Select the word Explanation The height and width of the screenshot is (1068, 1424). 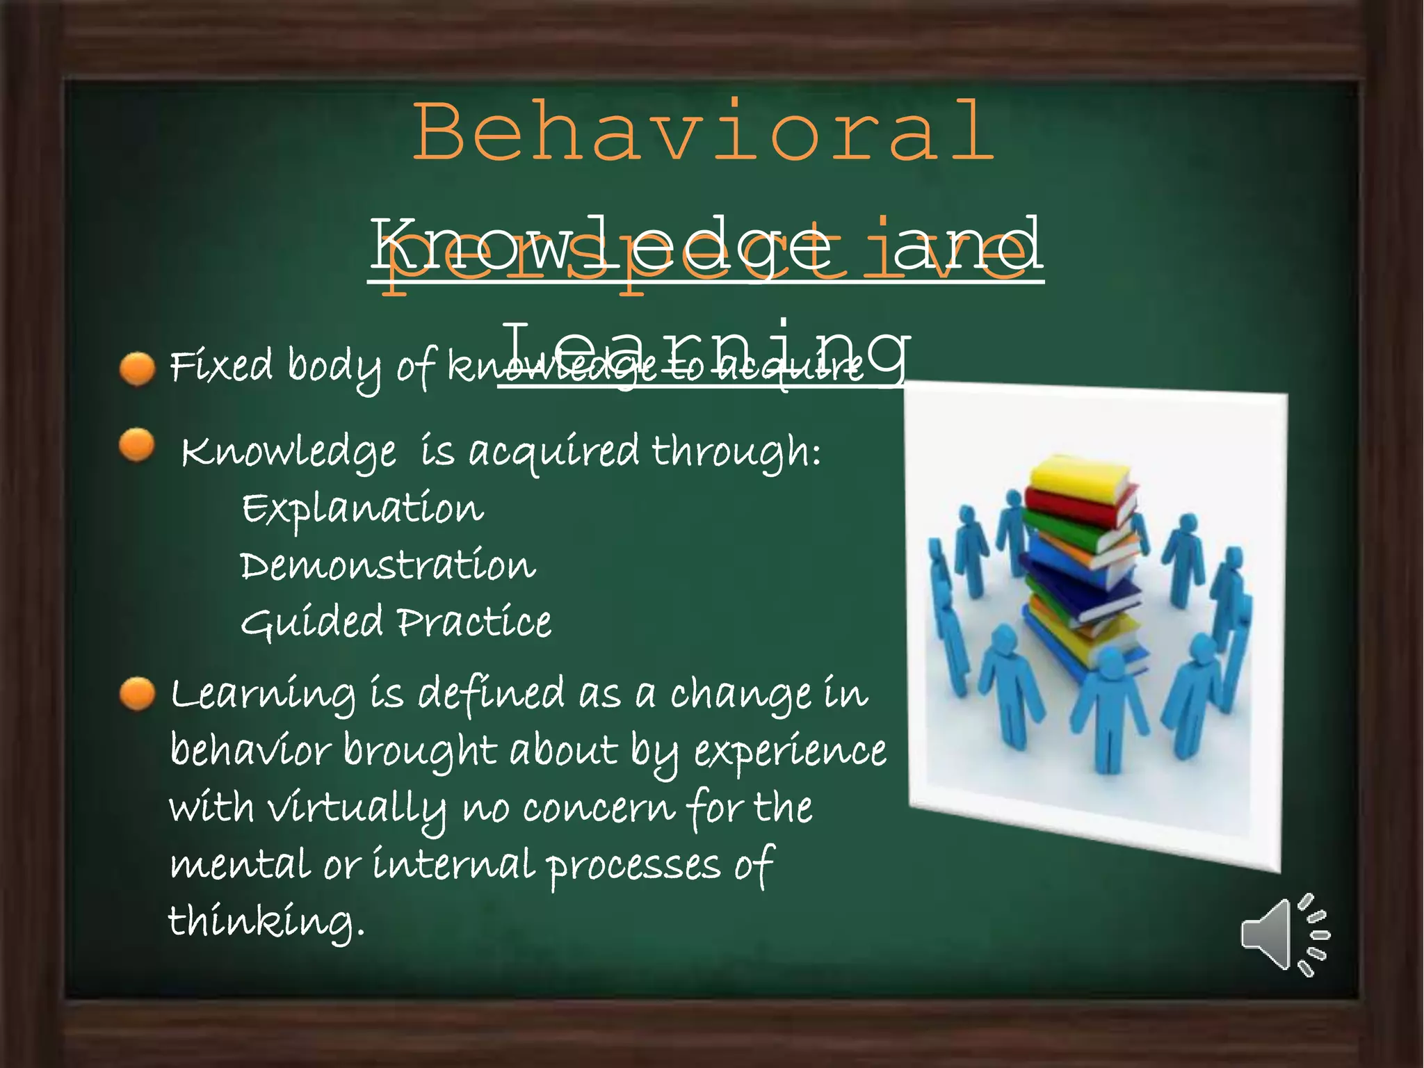tap(362, 509)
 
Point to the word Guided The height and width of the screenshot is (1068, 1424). tap(311, 622)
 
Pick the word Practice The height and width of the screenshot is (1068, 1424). tap(475, 622)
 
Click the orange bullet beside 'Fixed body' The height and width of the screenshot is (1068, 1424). tap(137, 368)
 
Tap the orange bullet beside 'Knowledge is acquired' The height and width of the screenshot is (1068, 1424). tap(137, 445)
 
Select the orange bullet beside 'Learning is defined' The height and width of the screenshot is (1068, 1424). tap(137, 694)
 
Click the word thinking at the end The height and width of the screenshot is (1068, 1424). tap(266, 922)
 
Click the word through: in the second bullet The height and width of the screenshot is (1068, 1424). tap(736, 453)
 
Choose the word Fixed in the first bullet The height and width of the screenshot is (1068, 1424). tap(221, 366)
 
